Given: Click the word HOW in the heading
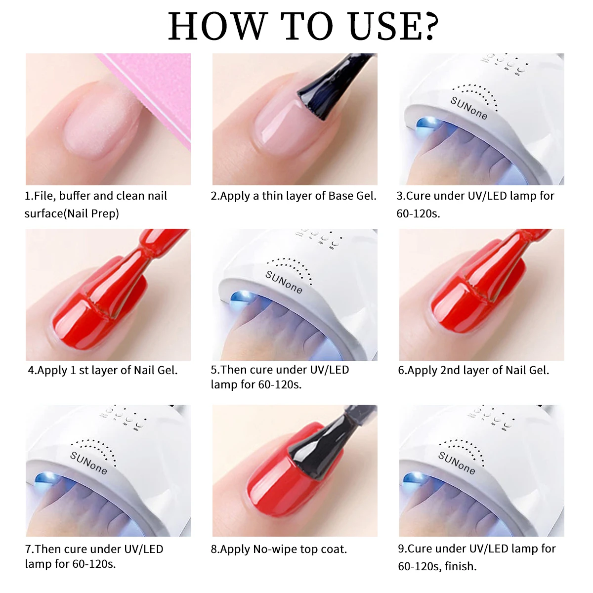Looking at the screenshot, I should tap(217, 27).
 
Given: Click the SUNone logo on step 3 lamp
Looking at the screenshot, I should tap(468, 108).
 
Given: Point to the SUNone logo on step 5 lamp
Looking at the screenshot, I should tap(284, 282).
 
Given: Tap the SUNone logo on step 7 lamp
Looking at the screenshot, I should tap(88, 463).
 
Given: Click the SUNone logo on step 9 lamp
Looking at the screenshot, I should tap(457, 463).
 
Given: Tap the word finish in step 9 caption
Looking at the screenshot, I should tap(460, 566).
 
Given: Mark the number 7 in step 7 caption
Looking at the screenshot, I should tap(29, 549).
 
